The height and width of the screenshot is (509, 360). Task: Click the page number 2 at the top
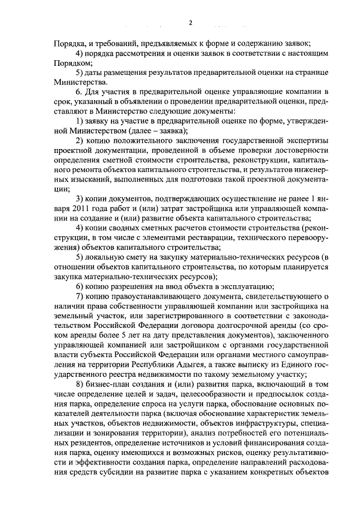pos(190,22)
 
